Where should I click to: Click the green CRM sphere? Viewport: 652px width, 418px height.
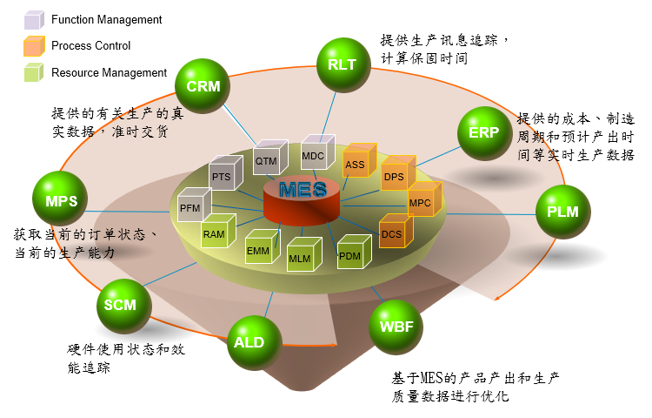point(203,86)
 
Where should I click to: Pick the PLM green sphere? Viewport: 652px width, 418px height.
point(562,211)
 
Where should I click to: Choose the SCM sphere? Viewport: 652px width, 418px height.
point(121,305)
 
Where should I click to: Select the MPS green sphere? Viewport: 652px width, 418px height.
point(61,201)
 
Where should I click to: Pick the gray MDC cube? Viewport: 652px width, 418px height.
point(316,153)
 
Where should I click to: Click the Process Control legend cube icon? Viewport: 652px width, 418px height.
point(33,45)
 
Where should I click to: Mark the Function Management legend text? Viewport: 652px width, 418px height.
point(106,18)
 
